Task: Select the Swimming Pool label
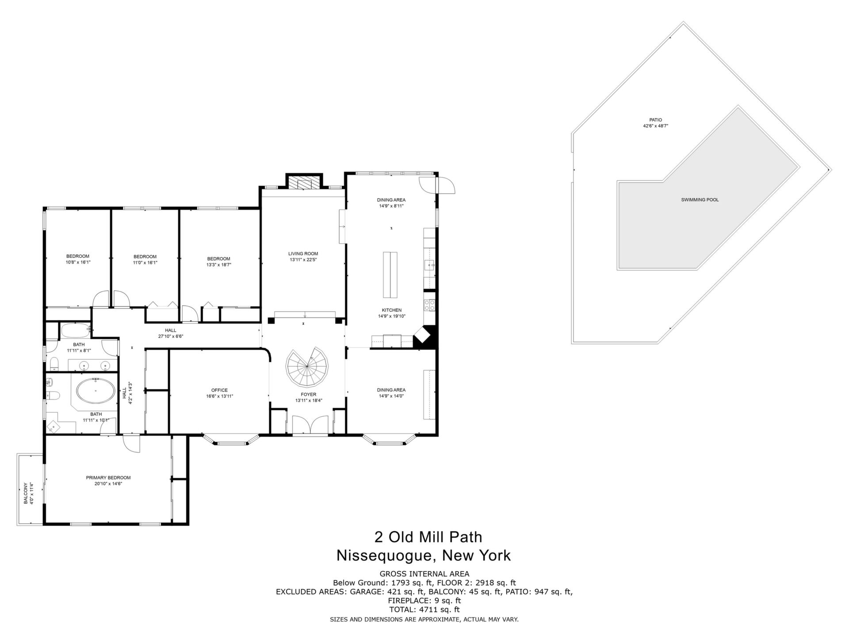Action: coord(700,200)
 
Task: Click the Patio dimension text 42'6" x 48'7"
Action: coord(655,126)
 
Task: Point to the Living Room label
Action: coord(303,254)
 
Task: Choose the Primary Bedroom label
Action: coord(108,478)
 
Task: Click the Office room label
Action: coord(219,390)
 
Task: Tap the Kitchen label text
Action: coord(392,310)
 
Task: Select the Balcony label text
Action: coord(26,493)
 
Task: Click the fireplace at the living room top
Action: coord(304,182)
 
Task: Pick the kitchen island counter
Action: coord(390,274)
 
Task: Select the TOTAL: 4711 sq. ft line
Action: coord(424,610)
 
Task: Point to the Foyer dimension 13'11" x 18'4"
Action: coord(308,401)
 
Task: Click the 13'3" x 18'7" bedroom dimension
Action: coord(218,265)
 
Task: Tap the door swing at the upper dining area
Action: coord(446,185)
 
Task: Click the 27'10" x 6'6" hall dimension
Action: coord(171,337)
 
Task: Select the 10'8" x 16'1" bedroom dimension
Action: coord(78,262)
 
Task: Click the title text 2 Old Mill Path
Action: coord(428,537)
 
